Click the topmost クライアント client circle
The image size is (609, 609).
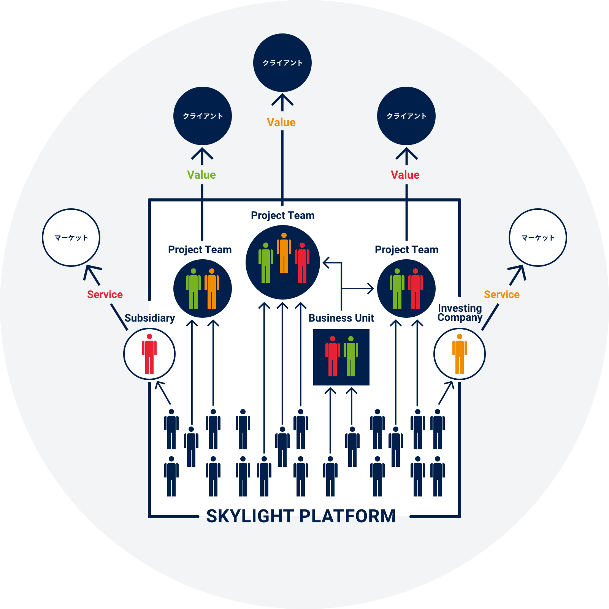tap(282, 63)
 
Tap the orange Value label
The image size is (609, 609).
tap(281, 122)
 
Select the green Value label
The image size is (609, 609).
tap(201, 175)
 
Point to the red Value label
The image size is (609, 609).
tap(405, 175)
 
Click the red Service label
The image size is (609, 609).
tap(105, 295)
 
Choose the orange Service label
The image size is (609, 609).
tap(501, 295)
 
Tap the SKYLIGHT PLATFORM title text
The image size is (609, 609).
tap(301, 516)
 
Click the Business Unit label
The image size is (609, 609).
tap(341, 318)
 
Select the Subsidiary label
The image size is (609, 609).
tap(150, 318)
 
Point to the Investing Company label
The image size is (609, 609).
tap(460, 313)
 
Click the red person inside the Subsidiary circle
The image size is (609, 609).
tap(149, 354)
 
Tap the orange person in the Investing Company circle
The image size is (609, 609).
tap(460, 354)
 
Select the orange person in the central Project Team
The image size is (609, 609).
tap(284, 253)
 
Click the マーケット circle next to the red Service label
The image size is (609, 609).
tap(71, 238)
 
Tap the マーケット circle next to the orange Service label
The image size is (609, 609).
tap(538, 238)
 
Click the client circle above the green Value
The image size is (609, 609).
tap(203, 116)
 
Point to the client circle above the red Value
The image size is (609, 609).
tap(406, 116)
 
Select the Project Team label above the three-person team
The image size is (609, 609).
tap(283, 216)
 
